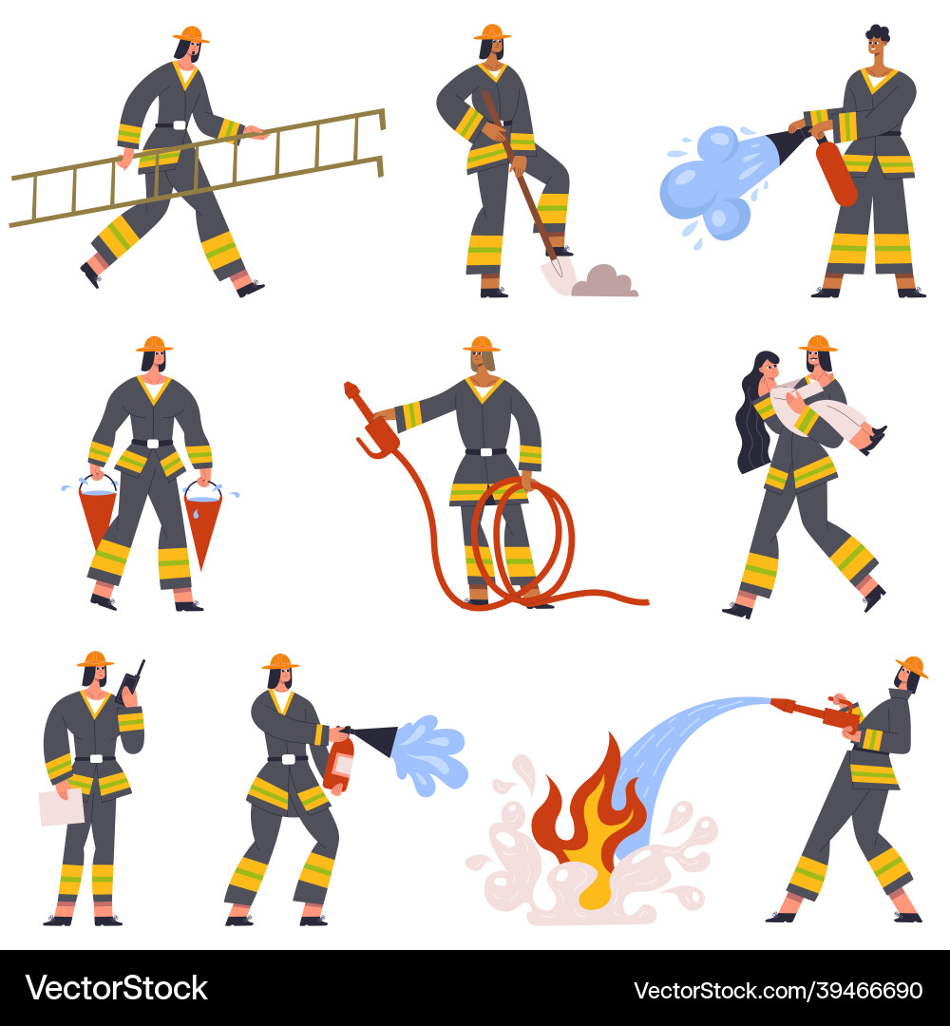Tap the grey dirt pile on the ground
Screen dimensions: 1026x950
tap(603, 281)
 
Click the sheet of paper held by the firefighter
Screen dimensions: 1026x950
tap(61, 807)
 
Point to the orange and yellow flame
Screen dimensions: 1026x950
tap(584, 817)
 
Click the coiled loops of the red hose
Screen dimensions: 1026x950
tap(522, 541)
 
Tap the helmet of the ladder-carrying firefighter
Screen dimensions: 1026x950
tap(191, 34)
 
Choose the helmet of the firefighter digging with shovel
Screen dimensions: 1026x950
tap(492, 31)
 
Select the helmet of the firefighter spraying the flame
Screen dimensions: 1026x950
tap(912, 666)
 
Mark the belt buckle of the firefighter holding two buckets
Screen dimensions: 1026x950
tap(152, 443)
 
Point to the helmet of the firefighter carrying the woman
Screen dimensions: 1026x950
tap(817, 343)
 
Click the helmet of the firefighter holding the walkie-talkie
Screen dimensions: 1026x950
tap(95, 658)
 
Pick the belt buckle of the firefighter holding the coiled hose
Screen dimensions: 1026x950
tap(485, 451)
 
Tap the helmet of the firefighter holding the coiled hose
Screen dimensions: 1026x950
tap(482, 343)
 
